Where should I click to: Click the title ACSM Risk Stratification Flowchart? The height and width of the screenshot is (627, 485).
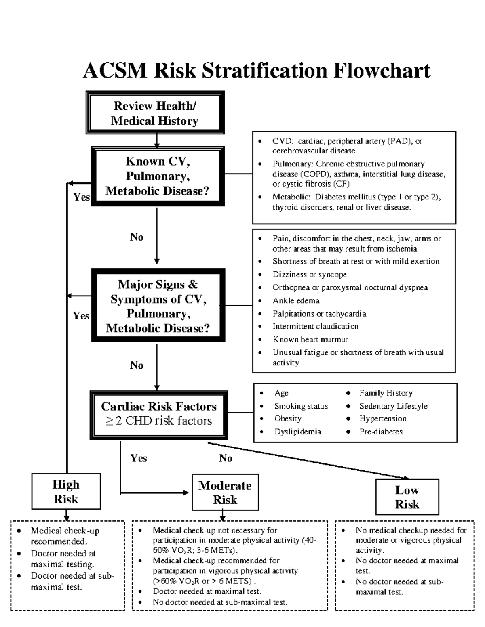(257, 71)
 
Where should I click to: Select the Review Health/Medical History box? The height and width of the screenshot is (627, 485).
(155, 113)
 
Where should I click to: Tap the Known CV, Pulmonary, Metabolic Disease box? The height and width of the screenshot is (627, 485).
(157, 176)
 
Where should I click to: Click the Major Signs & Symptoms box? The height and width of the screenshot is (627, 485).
(158, 306)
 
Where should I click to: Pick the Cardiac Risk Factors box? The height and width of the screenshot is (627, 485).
(158, 414)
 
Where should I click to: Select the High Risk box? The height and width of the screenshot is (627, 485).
(66, 492)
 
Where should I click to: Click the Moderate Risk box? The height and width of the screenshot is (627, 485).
(225, 493)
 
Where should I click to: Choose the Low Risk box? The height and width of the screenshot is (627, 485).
(407, 497)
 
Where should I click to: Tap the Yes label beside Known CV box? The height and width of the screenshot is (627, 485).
(81, 197)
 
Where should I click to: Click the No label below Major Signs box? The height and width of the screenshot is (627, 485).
(137, 365)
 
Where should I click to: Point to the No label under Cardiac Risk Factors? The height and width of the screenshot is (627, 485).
(226, 458)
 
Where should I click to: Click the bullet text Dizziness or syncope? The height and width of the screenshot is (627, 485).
(309, 275)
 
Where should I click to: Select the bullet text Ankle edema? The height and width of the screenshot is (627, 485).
(296, 301)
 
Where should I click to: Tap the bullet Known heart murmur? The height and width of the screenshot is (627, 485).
(310, 340)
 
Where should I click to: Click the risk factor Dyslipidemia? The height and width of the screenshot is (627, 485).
(297, 432)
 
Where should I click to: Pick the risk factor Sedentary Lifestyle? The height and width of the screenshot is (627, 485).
(393, 406)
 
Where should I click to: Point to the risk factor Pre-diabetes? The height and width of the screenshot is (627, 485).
(381, 432)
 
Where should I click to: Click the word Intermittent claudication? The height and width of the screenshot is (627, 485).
(315, 326)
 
